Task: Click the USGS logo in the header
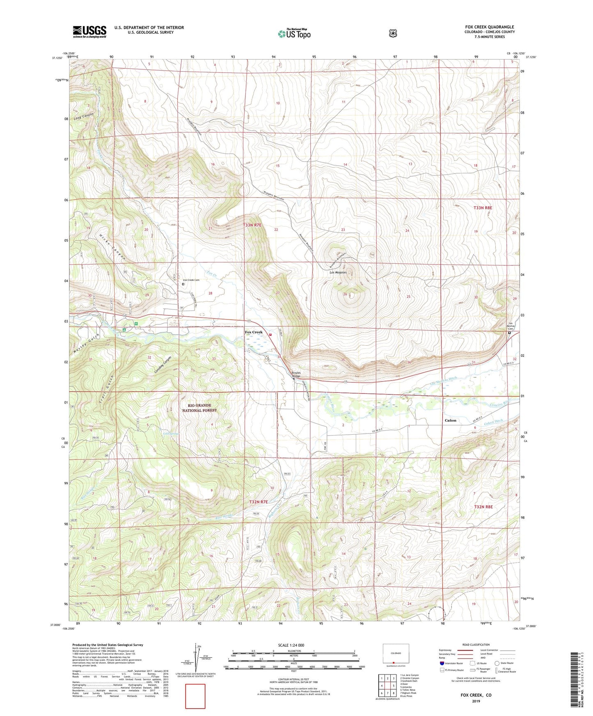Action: [x=89, y=32]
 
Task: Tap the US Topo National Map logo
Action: [x=294, y=33]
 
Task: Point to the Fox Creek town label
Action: [x=254, y=332]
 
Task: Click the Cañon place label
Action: [x=450, y=420]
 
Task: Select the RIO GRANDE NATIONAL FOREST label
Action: [x=199, y=408]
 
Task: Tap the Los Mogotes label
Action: [x=338, y=272]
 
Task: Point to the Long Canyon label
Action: [x=84, y=116]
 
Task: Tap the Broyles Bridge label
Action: [x=296, y=374]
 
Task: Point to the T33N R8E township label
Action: [x=483, y=208]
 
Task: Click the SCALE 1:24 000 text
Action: [x=291, y=645]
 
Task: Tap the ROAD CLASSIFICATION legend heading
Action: [x=476, y=645]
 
